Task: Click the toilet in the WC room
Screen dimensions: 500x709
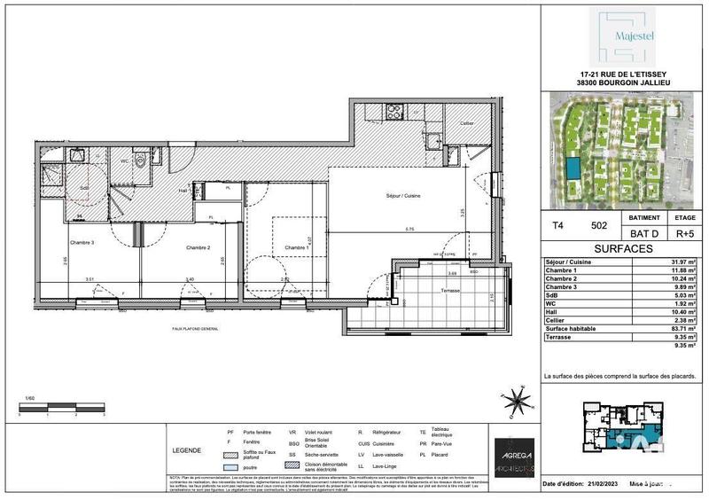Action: pos(141,163)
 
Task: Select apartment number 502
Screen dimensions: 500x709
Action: pos(598,227)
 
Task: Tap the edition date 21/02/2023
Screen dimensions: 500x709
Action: pos(610,483)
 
